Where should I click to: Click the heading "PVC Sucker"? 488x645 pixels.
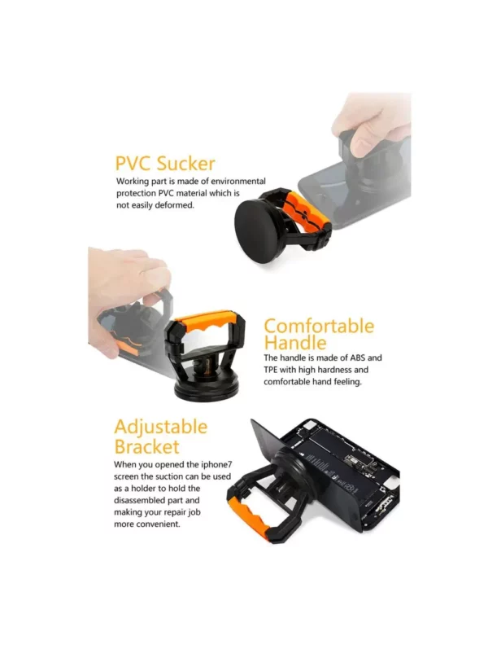165,164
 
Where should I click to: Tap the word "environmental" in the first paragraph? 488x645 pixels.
238,181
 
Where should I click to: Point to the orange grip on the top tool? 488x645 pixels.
306,208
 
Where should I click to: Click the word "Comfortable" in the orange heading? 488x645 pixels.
319,326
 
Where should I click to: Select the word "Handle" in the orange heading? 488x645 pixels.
295,343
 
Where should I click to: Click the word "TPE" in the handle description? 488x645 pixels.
271,370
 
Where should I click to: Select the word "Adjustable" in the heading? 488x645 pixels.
161,427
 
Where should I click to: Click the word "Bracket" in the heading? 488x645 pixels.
146,447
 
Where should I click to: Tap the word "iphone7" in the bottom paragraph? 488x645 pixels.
216,465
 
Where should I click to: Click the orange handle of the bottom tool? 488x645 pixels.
249,518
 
